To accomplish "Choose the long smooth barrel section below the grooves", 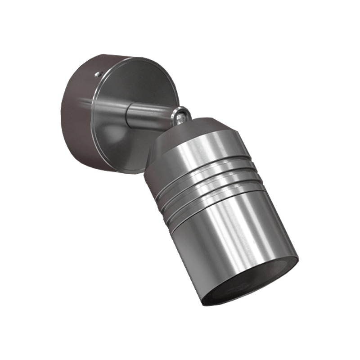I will pos(234,234).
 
